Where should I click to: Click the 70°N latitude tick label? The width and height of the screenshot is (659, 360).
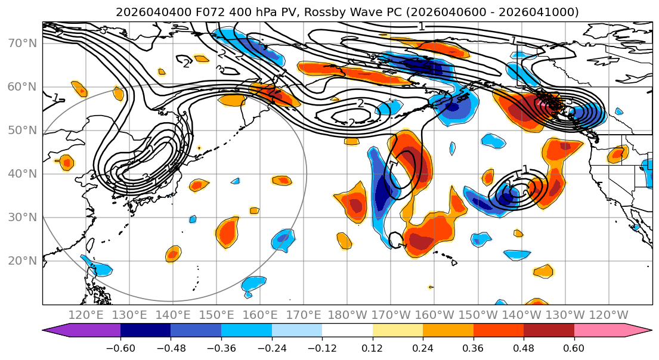pyautogui.click(x=21, y=44)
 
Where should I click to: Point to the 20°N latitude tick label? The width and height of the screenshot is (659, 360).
pyautogui.click(x=21, y=261)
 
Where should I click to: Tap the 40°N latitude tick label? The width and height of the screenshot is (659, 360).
pyautogui.click(x=21, y=174)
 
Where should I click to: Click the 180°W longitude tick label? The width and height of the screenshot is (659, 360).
pyautogui.click(x=347, y=315)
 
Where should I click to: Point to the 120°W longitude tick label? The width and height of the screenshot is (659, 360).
pyautogui.click(x=608, y=315)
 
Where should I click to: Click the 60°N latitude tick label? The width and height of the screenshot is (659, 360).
pyautogui.click(x=21, y=87)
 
